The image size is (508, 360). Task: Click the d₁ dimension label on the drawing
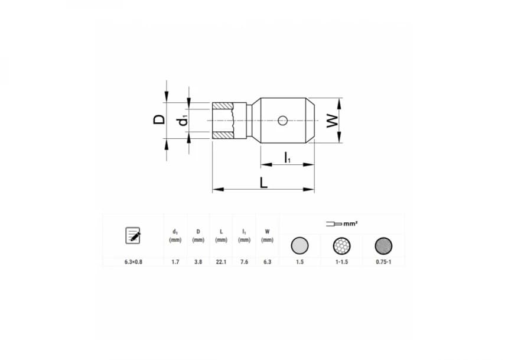(x=184, y=120)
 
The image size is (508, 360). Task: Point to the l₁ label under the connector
(x=287, y=157)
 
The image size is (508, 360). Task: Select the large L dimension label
(x=264, y=182)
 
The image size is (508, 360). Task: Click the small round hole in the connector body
(x=283, y=121)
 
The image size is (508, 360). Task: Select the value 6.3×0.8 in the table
(x=133, y=261)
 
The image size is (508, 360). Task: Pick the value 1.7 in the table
(x=175, y=261)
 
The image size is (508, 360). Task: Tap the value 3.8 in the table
(x=198, y=261)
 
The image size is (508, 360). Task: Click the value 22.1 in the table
(x=222, y=261)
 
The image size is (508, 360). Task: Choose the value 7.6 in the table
(x=245, y=261)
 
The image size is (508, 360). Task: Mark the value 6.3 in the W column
(x=267, y=261)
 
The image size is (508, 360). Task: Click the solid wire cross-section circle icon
(x=299, y=245)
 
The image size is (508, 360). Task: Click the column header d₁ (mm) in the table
(x=175, y=236)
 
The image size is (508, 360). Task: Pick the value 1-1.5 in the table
(x=342, y=261)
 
